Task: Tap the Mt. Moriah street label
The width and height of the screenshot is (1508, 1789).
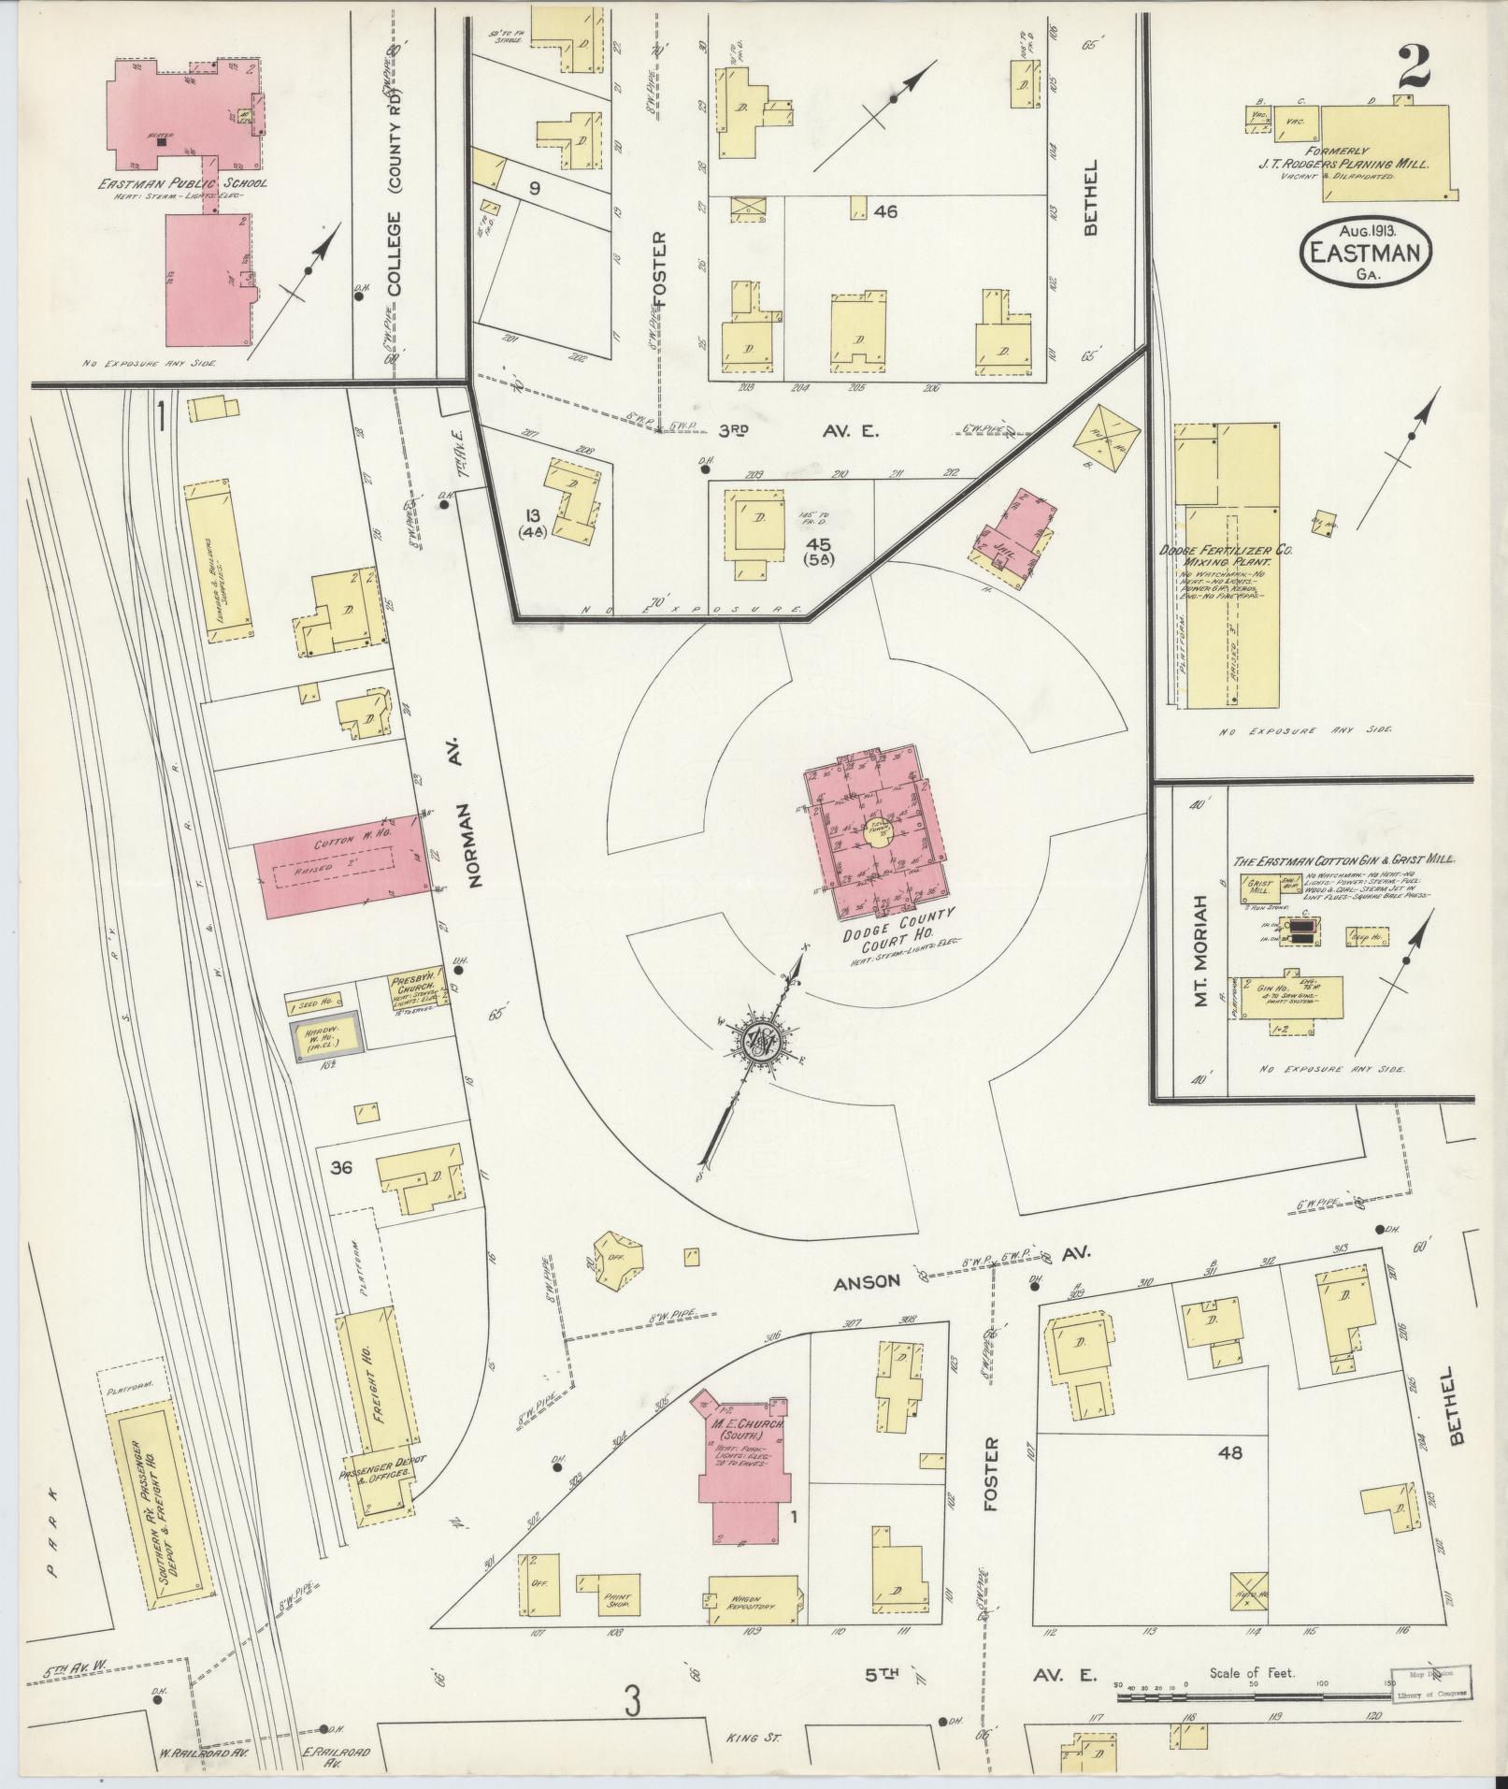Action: (x=1202, y=944)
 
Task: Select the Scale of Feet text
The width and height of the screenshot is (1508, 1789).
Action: (x=1252, y=1673)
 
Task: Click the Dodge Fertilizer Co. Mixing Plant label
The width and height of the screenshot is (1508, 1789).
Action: (x=1225, y=559)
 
